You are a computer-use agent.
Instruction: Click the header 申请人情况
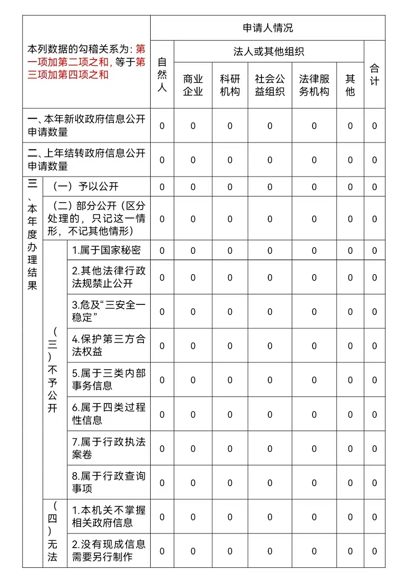click(268, 28)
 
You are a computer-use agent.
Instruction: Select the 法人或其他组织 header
click(269, 52)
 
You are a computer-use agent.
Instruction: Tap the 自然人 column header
click(162, 75)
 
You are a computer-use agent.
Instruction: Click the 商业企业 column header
click(193, 85)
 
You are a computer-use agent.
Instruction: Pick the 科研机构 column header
click(230, 85)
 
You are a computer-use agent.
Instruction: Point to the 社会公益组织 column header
click(270, 85)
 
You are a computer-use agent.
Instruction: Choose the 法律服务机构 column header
click(314, 85)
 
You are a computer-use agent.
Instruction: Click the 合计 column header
click(374, 75)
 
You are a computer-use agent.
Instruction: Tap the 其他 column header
click(350, 85)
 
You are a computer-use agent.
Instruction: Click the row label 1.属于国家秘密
click(106, 250)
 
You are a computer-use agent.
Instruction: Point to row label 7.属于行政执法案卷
click(109, 448)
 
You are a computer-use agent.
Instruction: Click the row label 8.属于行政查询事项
click(109, 482)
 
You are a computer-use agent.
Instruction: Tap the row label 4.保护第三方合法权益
click(109, 345)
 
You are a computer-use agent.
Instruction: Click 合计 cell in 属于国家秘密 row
click(374, 251)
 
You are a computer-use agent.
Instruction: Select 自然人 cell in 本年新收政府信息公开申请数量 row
click(162, 126)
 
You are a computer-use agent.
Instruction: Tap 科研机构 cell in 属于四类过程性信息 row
click(230, 414)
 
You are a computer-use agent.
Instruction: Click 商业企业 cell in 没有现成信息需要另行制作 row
click(193, 551)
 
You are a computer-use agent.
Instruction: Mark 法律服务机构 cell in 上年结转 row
click(314, 160)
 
